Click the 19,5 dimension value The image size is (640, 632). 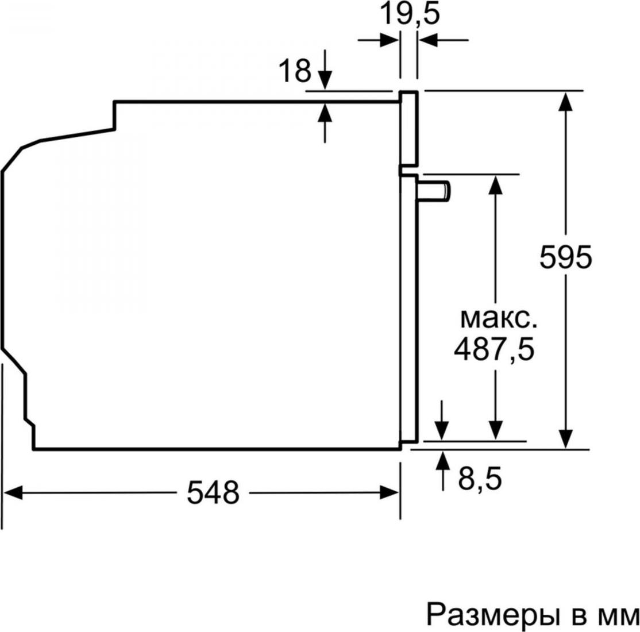pos(410,15)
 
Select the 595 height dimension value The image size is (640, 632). pos(565,257)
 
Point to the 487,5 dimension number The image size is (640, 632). pos(494,349)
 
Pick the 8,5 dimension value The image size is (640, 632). pos(480,478)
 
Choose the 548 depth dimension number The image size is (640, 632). pos(213,492)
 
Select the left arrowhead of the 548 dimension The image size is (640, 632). pos(12,492)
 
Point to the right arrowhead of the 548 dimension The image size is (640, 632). pos(390,492)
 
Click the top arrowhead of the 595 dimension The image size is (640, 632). pos(565,101)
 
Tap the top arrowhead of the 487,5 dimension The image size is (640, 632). pos(495,185)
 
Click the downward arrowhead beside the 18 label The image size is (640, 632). pos(325,80)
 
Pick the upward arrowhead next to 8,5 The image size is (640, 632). pos(442,460)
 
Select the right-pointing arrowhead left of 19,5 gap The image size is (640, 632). pos(390,40)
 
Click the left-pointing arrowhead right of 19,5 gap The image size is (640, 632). pos(428,40)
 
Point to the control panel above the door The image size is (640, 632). pos(409,129)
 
